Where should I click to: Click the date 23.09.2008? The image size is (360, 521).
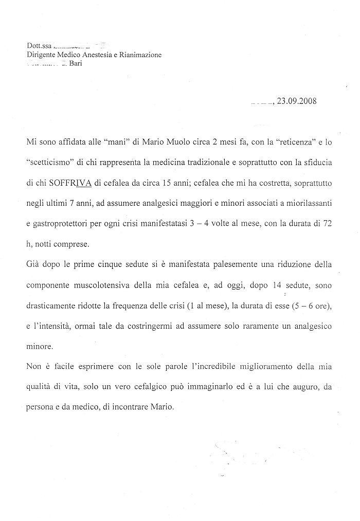296,101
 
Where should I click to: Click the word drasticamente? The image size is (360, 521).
52,305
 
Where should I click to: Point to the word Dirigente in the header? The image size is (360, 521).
43,55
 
